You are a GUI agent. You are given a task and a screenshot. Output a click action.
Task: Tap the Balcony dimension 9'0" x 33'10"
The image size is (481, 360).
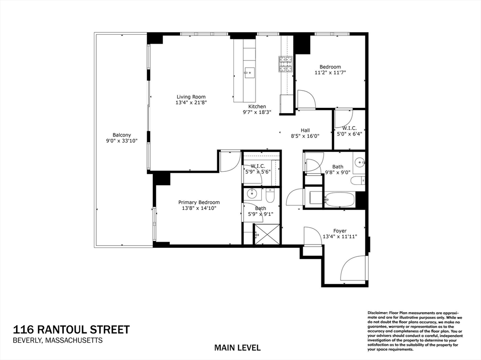coord(122,140)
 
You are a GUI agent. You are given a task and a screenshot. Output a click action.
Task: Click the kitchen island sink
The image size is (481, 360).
coord(249,71)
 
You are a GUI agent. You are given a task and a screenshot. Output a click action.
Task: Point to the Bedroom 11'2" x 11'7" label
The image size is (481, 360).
coord(330,67)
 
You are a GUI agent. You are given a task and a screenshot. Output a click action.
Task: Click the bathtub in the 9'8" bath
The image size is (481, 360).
coord(340,199)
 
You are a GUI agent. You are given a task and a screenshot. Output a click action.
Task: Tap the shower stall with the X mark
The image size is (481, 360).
coord(267,234)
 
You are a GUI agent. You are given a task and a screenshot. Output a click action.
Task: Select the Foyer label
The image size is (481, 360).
coord(340,231)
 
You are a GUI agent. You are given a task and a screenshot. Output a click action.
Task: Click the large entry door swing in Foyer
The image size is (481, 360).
coord(353,268)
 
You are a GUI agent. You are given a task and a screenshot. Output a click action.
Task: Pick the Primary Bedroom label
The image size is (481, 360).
coord(199,202)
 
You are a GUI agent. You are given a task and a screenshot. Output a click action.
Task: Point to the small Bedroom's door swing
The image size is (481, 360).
coord(306,99)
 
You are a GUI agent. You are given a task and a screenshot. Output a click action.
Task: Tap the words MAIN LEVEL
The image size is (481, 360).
coord(237,348)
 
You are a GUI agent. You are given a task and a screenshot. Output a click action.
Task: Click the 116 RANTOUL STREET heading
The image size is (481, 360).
coord(71,329)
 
